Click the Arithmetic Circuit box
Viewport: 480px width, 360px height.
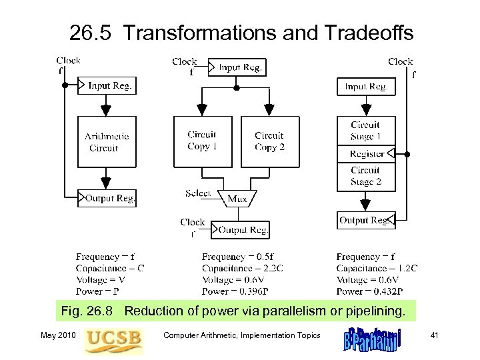107,142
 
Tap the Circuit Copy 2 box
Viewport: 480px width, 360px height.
269,141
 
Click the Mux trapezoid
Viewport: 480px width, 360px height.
237,198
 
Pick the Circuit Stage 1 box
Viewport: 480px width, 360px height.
366,131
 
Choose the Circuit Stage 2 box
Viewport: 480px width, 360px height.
366,175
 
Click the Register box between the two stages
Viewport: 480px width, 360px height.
366,153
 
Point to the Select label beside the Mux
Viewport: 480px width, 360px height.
198,193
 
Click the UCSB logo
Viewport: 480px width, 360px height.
113,340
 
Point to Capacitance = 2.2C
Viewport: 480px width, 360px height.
243,269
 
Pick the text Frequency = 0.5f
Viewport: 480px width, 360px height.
237,257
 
